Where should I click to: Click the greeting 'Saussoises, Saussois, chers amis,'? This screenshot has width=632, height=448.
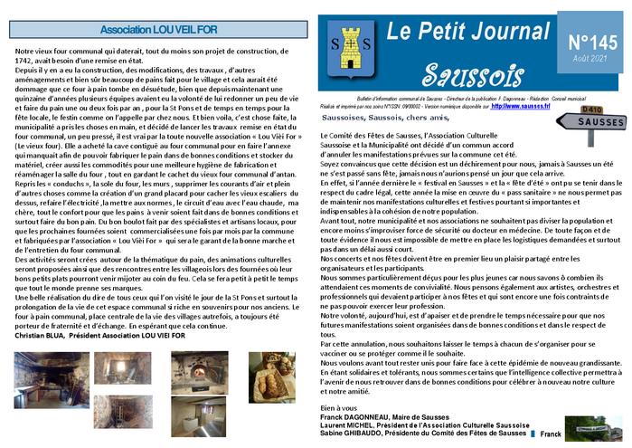384,118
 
